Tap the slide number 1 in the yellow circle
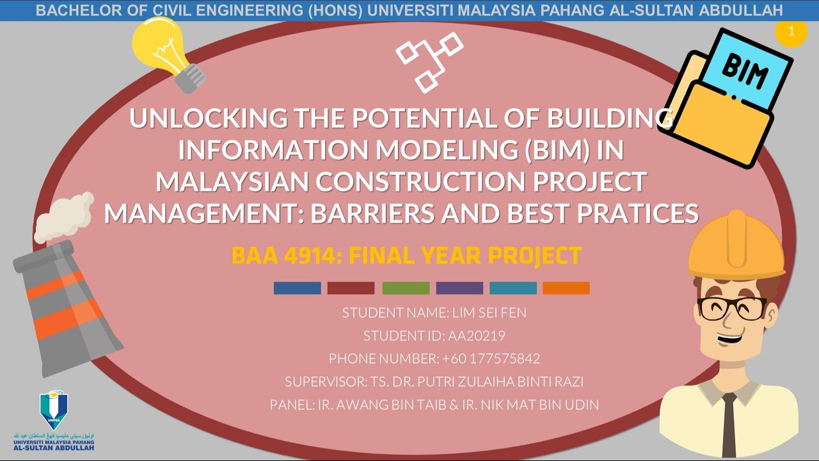tap(791, 32)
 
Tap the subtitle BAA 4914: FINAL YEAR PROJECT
tap(406, 256)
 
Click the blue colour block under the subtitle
tap(297, 288)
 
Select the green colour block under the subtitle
tap(406, 288)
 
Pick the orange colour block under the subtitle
tap(566, 288)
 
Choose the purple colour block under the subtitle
tap(459, 288)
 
